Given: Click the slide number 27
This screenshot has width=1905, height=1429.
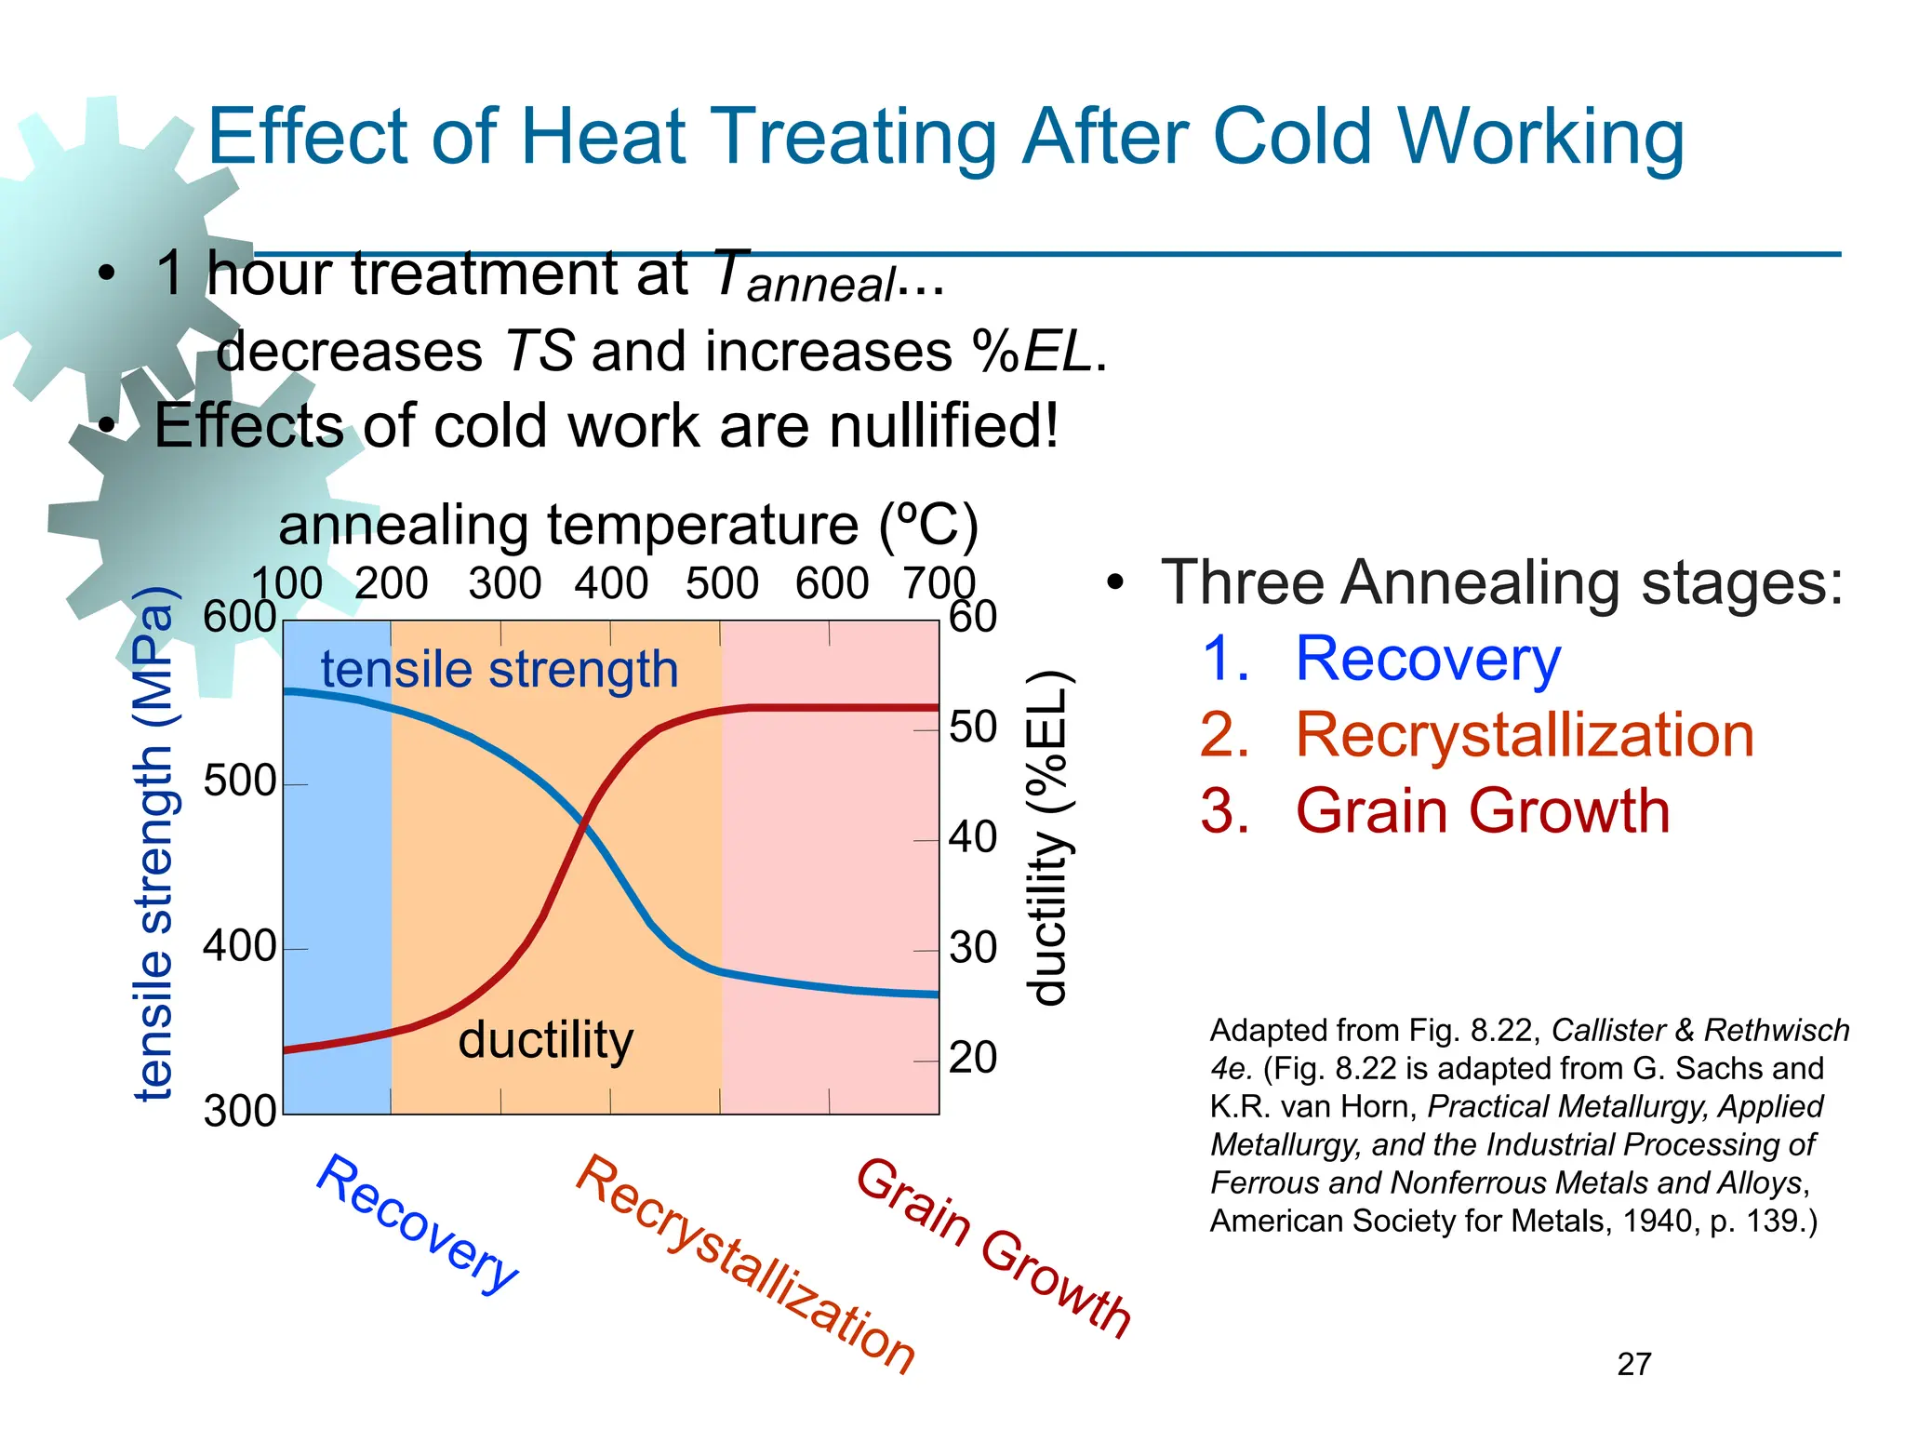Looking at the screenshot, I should click(x=1634, y=1364).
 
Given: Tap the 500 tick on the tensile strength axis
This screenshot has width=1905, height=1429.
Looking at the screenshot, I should click(x=240, y=781).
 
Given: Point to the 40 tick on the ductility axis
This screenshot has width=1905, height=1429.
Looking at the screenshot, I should click(x=973, y=837).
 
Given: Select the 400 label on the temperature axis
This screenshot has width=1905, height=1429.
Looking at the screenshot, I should click(x=611, y=584).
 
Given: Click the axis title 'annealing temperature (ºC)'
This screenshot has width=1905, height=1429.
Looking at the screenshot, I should click(x=628, y=525).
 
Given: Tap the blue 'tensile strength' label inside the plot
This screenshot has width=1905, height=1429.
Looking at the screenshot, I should click(x=500, y=669).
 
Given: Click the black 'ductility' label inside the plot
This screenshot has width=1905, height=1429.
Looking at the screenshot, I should click(x=545, y=1039).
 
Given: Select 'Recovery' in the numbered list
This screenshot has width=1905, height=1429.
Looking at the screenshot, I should click(x=1427, y=659).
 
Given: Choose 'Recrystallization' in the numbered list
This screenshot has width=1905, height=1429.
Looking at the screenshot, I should click(x=1524, y=735).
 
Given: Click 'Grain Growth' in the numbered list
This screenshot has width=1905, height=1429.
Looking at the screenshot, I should click(x=1482, y=810).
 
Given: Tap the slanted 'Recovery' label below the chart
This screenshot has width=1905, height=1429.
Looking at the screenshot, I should click(x=417, y=1223).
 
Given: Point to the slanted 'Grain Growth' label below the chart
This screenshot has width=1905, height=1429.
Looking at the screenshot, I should click(x=992, y=1247).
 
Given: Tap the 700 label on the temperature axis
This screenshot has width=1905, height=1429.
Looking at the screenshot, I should click(x=939, y=584).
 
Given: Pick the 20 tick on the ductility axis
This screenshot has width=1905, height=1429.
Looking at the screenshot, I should click(x=973, y=1058).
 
